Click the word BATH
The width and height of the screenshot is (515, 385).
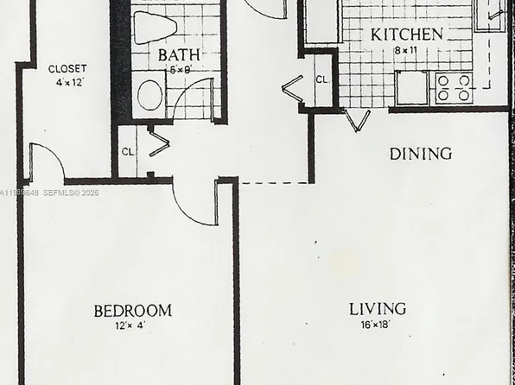(180, 54)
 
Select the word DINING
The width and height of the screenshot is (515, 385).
(421, 154)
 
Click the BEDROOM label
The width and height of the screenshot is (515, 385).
(132, 310)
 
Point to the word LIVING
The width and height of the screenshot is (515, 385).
(378, 308)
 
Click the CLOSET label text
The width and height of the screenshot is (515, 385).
(67, 69)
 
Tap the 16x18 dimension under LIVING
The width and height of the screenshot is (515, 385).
(378, 325)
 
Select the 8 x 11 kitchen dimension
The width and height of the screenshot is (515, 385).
(405, 50)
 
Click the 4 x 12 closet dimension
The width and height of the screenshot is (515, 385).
(67, 83)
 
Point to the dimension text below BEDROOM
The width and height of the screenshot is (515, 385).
(131, 325)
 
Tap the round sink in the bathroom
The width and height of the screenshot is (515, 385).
(150, 95)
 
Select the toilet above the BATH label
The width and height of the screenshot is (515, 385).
(156, 27)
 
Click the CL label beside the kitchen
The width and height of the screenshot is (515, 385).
(321, 79)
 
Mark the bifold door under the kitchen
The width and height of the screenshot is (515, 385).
(355, 120)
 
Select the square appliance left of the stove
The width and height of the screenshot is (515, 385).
(411, 86)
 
